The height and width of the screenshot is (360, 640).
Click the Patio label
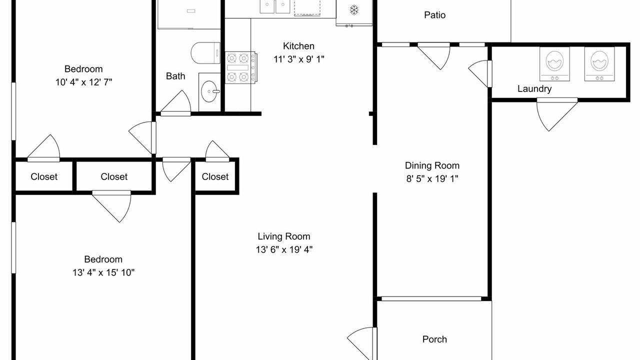click(434, 15)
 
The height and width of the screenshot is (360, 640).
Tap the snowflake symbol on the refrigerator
click(354, 10)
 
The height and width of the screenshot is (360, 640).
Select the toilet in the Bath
click(205, 53)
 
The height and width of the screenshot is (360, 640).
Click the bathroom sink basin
click(210, 91)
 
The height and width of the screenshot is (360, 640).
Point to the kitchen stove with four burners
click(241, 67)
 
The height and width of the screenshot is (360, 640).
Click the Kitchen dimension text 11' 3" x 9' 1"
click(299, 59)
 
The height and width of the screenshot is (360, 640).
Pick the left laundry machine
click(554, 64)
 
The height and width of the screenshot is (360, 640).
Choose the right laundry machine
click(599, 64)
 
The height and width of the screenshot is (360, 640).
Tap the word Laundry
click(534, 89)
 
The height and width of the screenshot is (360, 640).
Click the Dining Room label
click(432, 165)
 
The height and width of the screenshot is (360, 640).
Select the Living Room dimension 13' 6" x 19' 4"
click(284, 249)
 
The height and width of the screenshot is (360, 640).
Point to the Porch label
click(434, 339)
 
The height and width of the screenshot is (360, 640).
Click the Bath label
click(175, 76)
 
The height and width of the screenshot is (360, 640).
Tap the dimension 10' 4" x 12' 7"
click(83, 82)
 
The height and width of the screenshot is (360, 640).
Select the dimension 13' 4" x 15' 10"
click(103, 272)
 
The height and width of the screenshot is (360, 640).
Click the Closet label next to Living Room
click(215, 176)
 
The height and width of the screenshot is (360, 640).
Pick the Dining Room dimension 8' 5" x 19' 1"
click(432, 179)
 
